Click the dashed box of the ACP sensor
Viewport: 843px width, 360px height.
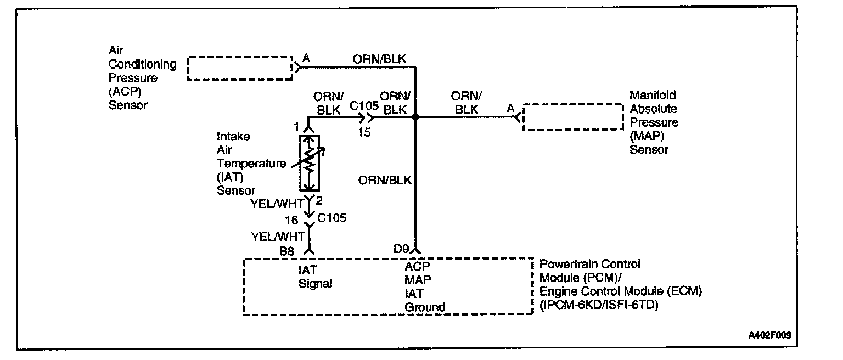(x=240, y=68)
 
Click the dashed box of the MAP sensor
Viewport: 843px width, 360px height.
(x=573, y=117)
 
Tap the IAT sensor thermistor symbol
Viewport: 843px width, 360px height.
(x=310, y=162)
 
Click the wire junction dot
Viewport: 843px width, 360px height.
(x=415, y=117)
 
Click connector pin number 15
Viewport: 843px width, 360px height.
(x=364, y=132)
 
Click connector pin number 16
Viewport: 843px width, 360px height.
(x=292, y=221)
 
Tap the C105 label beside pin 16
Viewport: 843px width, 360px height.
(x=332, y=218)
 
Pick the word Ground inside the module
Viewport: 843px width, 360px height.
(x=425, y=307)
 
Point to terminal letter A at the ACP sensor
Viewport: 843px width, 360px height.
(x=306, y=57)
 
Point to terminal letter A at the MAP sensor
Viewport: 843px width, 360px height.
(x=510, y=108)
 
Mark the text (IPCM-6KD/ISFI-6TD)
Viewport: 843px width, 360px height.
(x=599, y=305)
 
